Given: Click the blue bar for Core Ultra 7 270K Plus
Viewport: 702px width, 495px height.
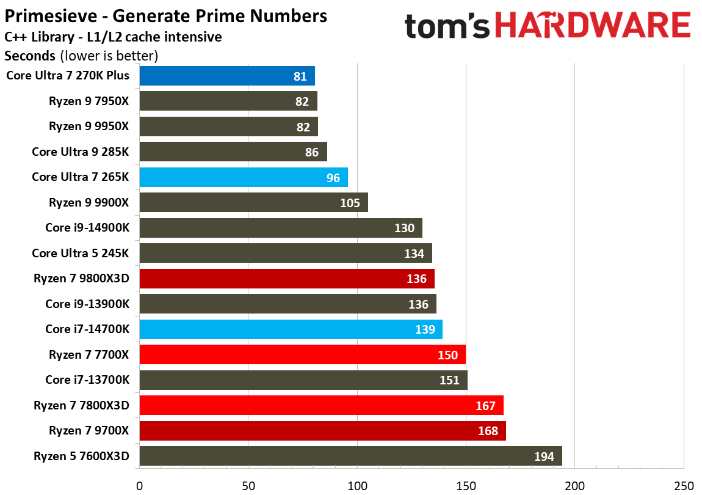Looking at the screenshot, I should [x=227, y=76].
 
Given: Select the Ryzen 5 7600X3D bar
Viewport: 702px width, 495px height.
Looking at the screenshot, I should [x=350, y=456].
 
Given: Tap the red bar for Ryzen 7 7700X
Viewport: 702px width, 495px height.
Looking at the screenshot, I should [x=302, y=354].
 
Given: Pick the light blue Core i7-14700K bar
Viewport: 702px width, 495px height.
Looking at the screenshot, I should [x=291, y=329].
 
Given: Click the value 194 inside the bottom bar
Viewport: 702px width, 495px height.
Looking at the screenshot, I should [x=544, y=456].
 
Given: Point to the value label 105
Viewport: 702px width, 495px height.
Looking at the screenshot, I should [x=350, y=203].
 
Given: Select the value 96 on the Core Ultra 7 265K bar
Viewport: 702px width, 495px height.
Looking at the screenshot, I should [x=332, y=178].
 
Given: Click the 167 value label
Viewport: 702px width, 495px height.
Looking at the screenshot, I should [x=485, y=405].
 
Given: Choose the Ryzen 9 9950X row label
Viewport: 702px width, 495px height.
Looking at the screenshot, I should [x=89, y=127].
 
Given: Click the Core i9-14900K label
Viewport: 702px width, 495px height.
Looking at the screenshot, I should [x=87, y=228].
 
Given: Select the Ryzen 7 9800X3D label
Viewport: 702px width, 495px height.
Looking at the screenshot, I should [x=82, y=279].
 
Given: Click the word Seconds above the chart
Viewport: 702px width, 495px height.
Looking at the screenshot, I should [x=30, y=56].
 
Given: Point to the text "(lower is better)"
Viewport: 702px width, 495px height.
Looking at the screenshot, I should [x=109, y=56].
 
